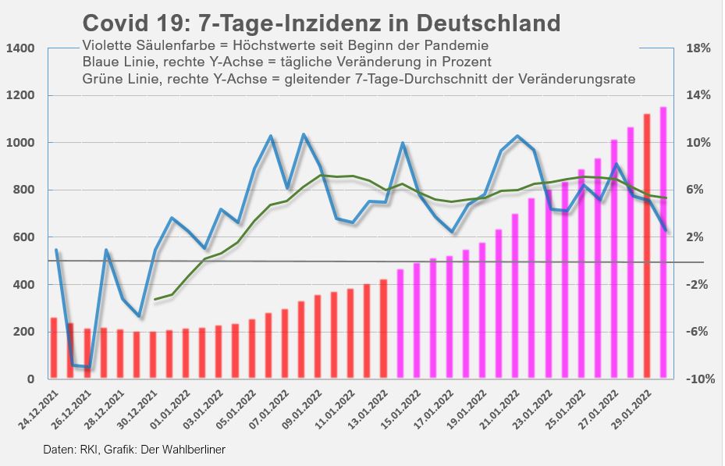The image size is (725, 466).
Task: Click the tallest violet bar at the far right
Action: tap(663, 243)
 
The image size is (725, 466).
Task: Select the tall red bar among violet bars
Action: tap(647, 246)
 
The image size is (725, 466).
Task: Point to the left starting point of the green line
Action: tap(155, 299)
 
